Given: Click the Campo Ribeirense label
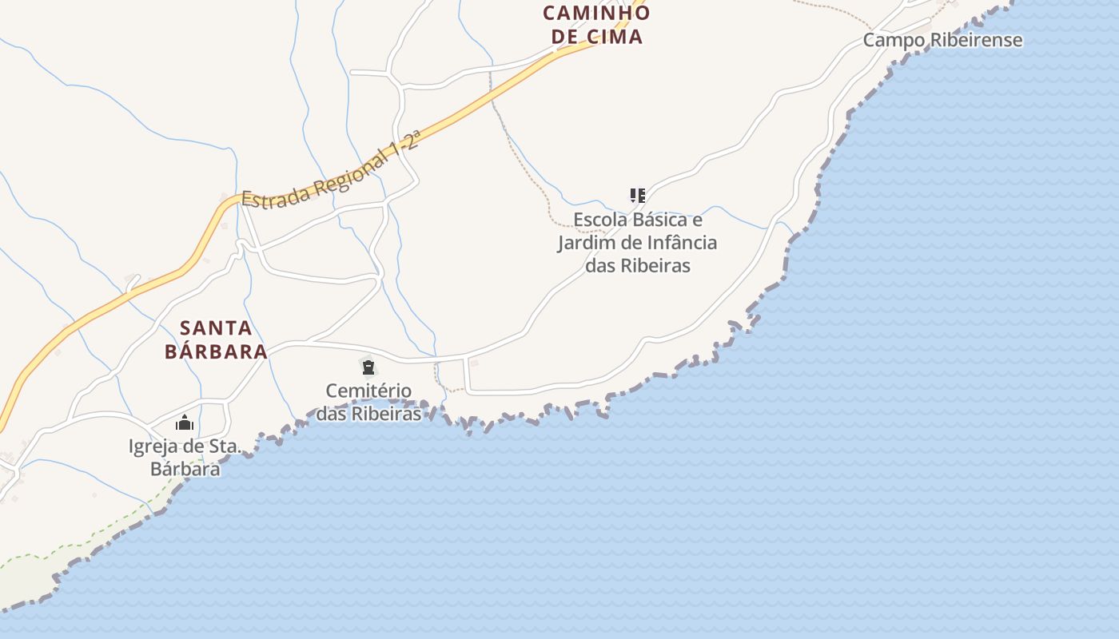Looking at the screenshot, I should click(x=942, y=40).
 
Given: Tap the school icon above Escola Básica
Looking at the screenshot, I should click(x=637, y=195).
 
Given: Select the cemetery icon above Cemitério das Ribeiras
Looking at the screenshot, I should click(x=368, y=367).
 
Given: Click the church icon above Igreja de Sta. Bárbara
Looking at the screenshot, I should click(x=185, y=423).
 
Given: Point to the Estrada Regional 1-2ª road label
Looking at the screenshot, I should click(x=331, y=171).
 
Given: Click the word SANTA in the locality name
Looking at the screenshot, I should click(x=216, y=327).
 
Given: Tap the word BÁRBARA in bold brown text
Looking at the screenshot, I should click(x=216, y=351).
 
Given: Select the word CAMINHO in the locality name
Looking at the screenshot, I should click(x=596, y=13).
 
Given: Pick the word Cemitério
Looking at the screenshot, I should click(x=368, y=391).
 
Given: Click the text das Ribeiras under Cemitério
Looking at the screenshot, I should click(x=368, y=414).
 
